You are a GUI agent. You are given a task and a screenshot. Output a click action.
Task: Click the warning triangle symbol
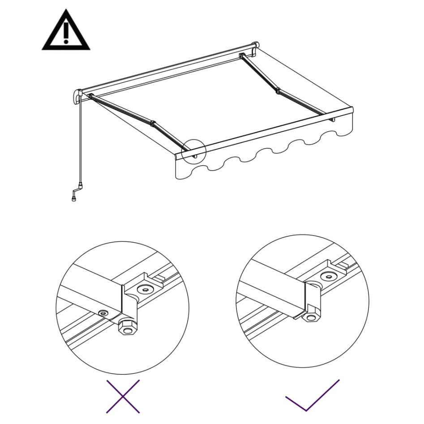tap(66, 31)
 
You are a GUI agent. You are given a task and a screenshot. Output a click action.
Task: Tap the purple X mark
tap(123, 396)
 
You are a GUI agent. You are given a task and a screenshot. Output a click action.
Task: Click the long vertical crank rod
tap(81, 139)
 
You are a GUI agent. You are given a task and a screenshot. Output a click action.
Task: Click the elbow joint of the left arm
tap(153, 123)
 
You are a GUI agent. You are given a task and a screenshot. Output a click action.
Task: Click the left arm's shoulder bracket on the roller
tap(91, 96)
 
